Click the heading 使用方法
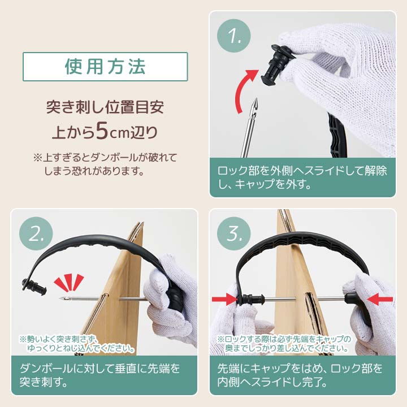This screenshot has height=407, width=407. pos(105,67)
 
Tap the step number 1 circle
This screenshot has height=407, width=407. pos(234,36)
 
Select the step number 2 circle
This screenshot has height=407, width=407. pos(36,233)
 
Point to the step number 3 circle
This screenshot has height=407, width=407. pos(234,233)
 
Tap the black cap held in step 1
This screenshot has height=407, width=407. pos(276,64)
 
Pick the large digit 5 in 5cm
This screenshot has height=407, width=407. pos(102,131)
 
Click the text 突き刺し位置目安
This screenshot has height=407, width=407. pos(105,107)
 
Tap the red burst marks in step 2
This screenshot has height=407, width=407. pos(69,282)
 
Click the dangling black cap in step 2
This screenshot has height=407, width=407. pos(34,286)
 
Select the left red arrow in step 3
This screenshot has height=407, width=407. pos(225,299)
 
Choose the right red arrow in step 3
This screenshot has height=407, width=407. pos(380,300)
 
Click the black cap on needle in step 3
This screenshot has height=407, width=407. pos(251,299)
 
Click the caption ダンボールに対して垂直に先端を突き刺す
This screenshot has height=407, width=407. pos(100,375)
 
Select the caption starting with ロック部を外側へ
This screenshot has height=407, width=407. pos(302,177)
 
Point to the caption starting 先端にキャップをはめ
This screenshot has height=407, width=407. pos(300,375)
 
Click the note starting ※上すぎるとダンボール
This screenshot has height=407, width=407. pos(105,164)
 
